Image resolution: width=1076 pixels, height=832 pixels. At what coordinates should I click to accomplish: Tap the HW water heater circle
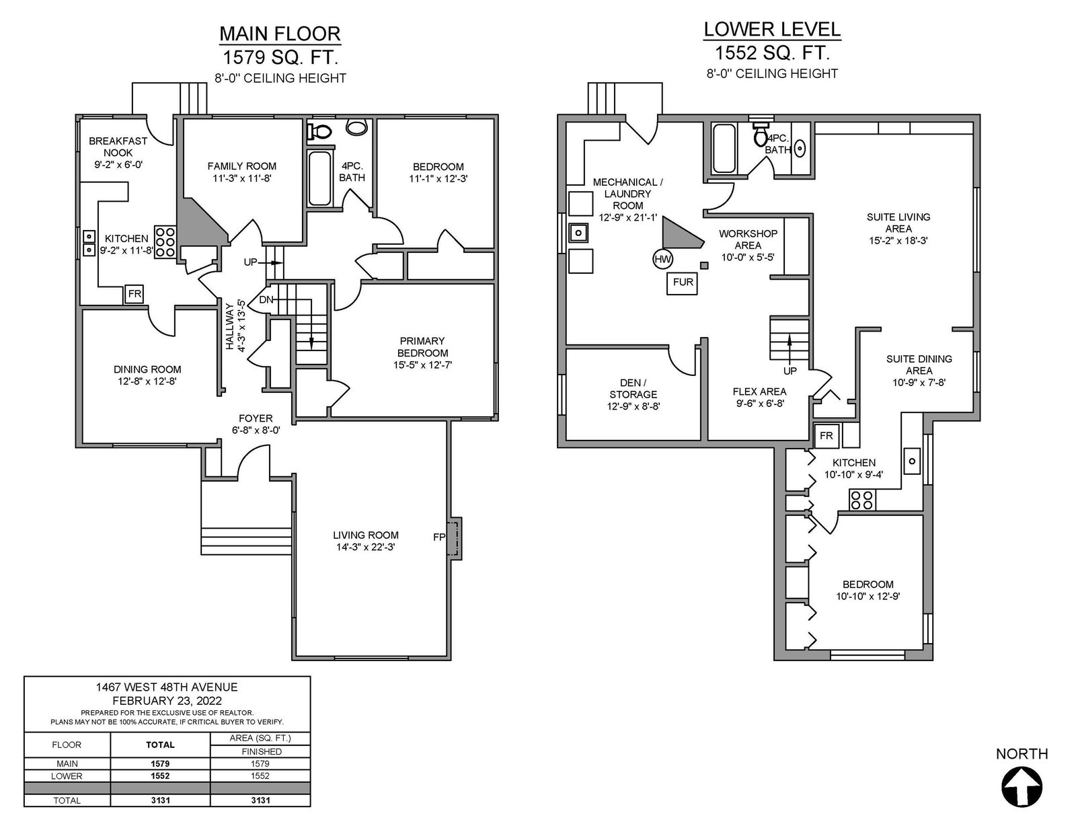pyautogui.click(x=662, y=258)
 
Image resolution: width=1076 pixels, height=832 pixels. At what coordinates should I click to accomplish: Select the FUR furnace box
pyautogui.click(x=683, y=282)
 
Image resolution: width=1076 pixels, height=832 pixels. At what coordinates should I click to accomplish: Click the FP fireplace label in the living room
pyautogui.click(x=439, y=537)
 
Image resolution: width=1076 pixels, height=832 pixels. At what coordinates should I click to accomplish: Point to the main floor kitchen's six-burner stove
pyautogui.click(x=165, y=241)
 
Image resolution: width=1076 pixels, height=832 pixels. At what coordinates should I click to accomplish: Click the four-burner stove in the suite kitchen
pyautogui.click(x=862, y=500)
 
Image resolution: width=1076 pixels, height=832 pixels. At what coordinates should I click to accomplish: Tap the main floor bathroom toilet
pyautogui.click(x=320, y=132)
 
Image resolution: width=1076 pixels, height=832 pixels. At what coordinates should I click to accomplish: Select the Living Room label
pyautogui.click(x=365, y=535)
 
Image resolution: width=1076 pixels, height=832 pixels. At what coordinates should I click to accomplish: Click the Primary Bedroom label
pyautogui.click(x=422, y=346)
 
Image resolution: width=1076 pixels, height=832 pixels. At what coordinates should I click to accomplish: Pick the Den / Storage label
pyautogui.click(x=633, y=389)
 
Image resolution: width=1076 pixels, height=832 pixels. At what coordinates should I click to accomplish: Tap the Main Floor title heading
pyautogui.click(x=280, y=34)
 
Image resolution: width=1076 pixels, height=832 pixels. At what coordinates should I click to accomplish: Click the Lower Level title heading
pyautogui.click(x=772, y=29)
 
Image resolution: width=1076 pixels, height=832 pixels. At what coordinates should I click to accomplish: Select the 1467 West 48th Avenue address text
pyautogui.click(x=167, y=687)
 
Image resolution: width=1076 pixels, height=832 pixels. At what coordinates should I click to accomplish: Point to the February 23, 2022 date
pyautogui.click(x=167, y=701)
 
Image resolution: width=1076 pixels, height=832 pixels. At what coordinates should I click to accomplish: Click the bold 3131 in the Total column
pyautogui.click(x=160, y=800)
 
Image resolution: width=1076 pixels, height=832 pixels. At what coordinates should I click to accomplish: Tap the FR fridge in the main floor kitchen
pyautogui.click(x=134, y=294)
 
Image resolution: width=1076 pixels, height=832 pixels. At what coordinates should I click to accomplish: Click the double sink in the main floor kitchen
pyautogui.click(x=89, y=243)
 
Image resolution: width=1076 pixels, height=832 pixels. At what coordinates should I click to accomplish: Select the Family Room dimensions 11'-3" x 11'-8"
pyautogui.click(x=242, y=178)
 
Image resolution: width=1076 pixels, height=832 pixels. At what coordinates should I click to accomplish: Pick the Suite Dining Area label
pyautogui.click(x=919, y=365)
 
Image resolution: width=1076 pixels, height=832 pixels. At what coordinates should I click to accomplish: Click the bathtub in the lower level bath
pyautogui.click(x=724, y=149)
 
